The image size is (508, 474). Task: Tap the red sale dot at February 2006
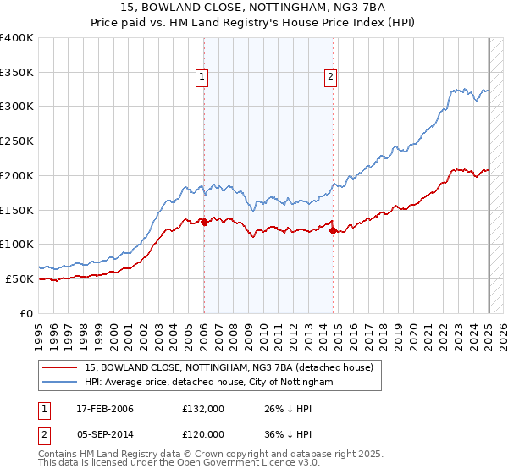point(204,222)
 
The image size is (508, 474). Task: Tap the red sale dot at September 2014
point(333,229)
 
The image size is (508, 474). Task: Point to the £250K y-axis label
point(17,141)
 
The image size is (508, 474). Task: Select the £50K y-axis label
point(19,278)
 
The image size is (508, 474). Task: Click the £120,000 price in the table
point(203,434)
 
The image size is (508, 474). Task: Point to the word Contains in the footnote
point(59,454)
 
